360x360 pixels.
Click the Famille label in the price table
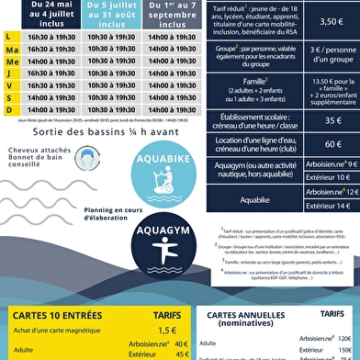242,81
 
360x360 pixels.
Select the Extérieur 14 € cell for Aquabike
321,207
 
